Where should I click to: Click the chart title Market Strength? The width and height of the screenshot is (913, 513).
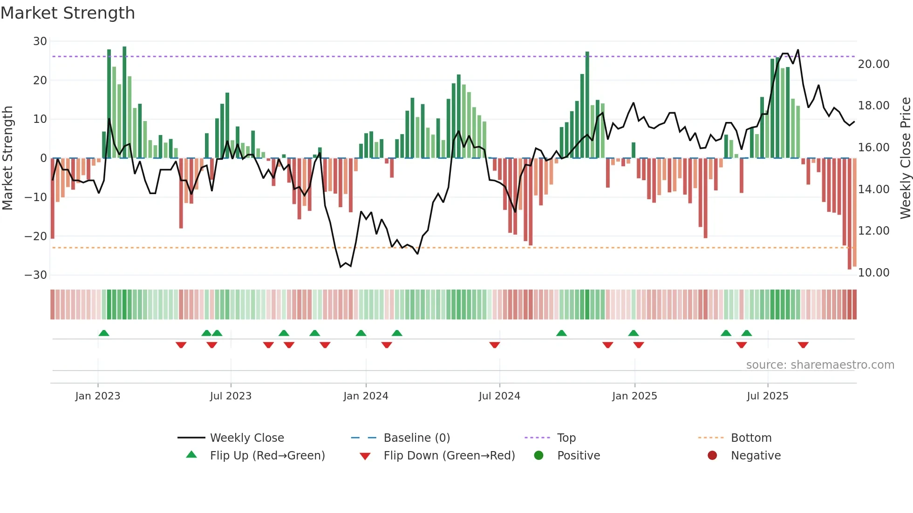(68, 13)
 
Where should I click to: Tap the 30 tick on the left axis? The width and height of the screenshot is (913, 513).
(40, 41)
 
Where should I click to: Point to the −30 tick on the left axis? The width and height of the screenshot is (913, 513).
(36, 275)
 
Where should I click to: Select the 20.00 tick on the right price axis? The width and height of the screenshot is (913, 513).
(873, 64)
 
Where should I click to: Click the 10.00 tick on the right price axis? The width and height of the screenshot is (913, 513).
(873, 273)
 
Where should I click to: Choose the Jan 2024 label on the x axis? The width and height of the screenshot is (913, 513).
(366, 396)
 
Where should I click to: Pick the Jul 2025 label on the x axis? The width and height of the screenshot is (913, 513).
(767, 396)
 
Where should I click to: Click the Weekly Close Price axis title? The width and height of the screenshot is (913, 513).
(905, 158)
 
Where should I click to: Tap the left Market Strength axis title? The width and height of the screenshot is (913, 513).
(7, 158)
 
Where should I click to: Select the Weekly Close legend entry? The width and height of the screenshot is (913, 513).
(247, 438)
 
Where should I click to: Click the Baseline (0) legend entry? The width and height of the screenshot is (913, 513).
(416, 438)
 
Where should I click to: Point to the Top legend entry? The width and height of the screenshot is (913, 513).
(566, 438)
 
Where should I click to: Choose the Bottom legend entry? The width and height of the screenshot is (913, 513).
(751, 438)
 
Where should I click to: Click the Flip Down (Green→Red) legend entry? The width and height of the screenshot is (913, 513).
(449, 456)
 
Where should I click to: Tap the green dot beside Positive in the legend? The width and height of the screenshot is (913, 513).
(539, 456)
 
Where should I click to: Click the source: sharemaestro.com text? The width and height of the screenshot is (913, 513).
(820, 365)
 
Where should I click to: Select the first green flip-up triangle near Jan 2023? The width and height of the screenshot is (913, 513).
(104, 333)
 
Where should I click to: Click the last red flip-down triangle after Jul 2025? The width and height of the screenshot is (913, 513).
(803, 345)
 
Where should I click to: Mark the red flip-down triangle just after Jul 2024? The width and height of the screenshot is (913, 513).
(495, 345)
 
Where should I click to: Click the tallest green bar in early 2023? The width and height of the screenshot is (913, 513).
(124, 102)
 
